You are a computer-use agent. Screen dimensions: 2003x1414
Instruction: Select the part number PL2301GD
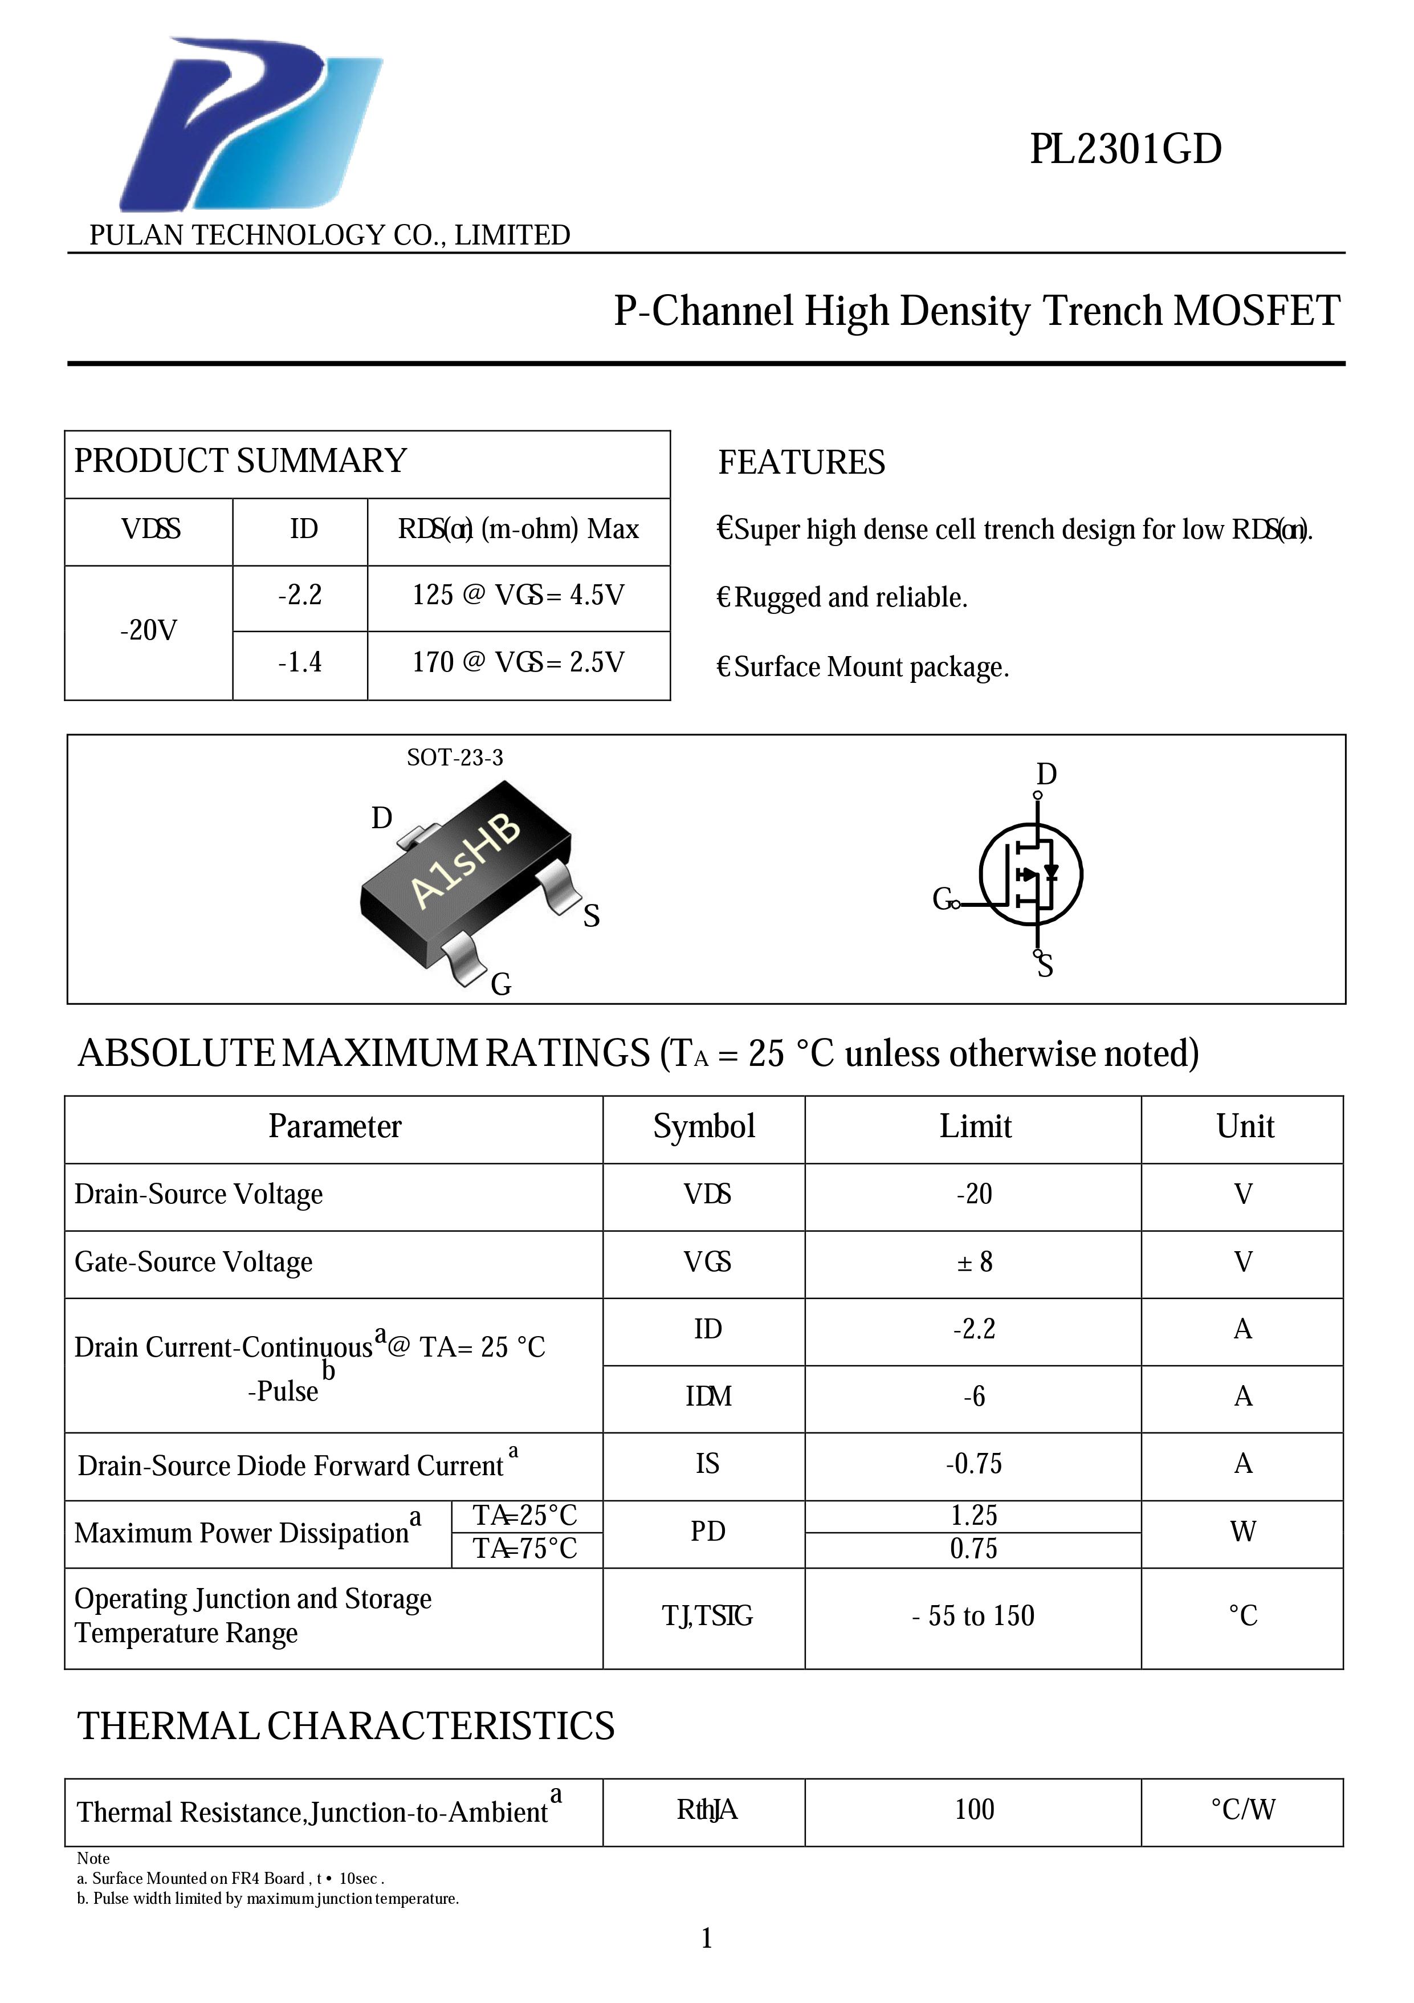coord(1125,150)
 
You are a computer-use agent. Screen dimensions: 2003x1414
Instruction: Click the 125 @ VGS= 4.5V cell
coord(518,596)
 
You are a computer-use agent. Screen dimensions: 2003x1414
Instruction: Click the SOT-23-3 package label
coord(454,757)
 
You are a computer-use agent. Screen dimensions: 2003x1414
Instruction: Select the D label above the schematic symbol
coord(1046,774)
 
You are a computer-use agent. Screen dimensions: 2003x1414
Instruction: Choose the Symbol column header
coord(704,1127)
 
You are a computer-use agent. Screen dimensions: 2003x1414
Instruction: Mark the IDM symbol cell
coord(707,1397)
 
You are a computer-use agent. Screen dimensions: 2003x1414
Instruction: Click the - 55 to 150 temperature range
coord(973,1615)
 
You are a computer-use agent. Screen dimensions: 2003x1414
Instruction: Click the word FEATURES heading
coord(801,462)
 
